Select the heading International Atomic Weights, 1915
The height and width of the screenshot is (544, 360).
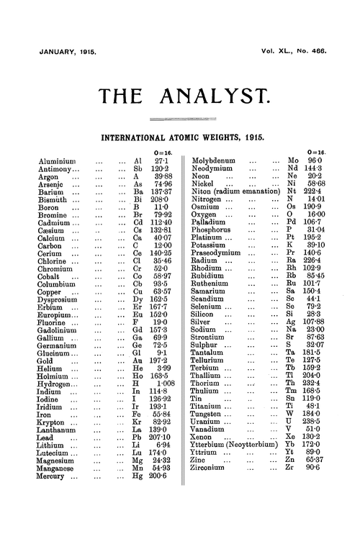coord(180,135)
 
